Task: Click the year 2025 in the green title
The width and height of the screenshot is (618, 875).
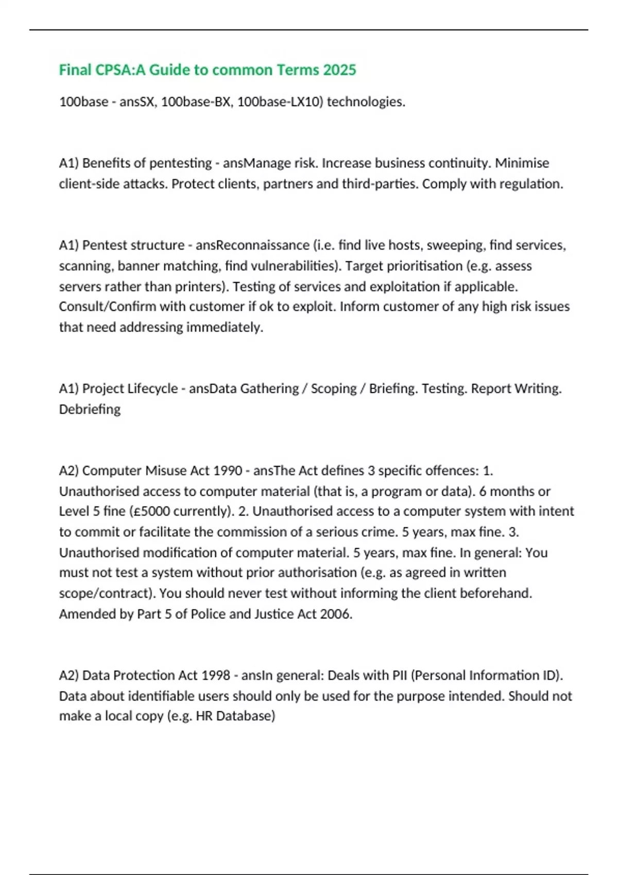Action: click(x=339, y=70)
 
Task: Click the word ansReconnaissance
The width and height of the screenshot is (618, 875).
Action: click(x=252, y=245)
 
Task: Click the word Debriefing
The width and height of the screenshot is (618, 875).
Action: click(x=90, y=409)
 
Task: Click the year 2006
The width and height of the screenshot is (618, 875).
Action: click(x=336, y=614)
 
